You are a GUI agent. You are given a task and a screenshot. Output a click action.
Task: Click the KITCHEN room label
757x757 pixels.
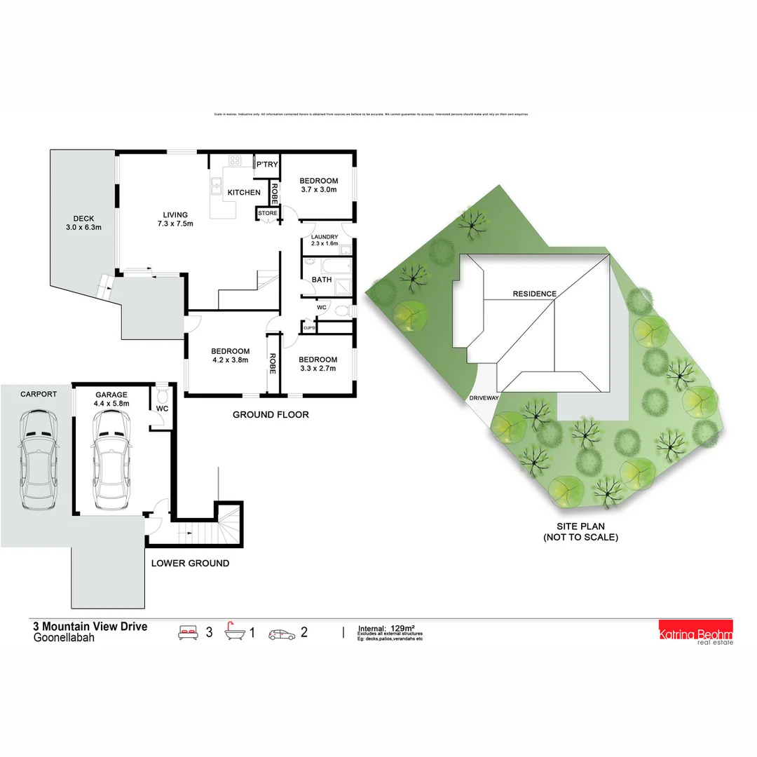(244, 192)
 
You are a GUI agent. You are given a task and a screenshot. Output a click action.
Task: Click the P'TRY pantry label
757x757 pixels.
(267, 165)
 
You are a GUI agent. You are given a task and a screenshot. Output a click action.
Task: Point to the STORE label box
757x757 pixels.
(268, 213)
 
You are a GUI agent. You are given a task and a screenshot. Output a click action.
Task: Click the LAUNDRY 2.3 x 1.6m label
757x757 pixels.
(324, 240)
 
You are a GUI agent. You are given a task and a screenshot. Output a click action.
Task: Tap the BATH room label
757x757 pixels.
(322, 280)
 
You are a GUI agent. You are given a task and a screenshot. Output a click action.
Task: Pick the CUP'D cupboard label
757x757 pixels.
(309, 327)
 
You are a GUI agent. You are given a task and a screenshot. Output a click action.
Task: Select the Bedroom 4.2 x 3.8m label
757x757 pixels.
(231, 355)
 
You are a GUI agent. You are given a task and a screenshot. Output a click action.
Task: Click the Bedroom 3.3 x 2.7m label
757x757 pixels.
(318, 363)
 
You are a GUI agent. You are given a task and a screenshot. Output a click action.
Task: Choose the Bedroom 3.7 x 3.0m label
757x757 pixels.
(319, 185)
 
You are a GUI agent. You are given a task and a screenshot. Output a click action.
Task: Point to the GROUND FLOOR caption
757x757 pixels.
(271, 415)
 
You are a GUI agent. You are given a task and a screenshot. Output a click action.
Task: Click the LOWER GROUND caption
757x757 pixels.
(191, 563)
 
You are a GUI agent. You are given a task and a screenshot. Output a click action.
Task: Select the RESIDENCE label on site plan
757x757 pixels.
(534, 294)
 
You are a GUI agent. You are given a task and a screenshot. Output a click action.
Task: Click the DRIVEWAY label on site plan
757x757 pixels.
(484, 398)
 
